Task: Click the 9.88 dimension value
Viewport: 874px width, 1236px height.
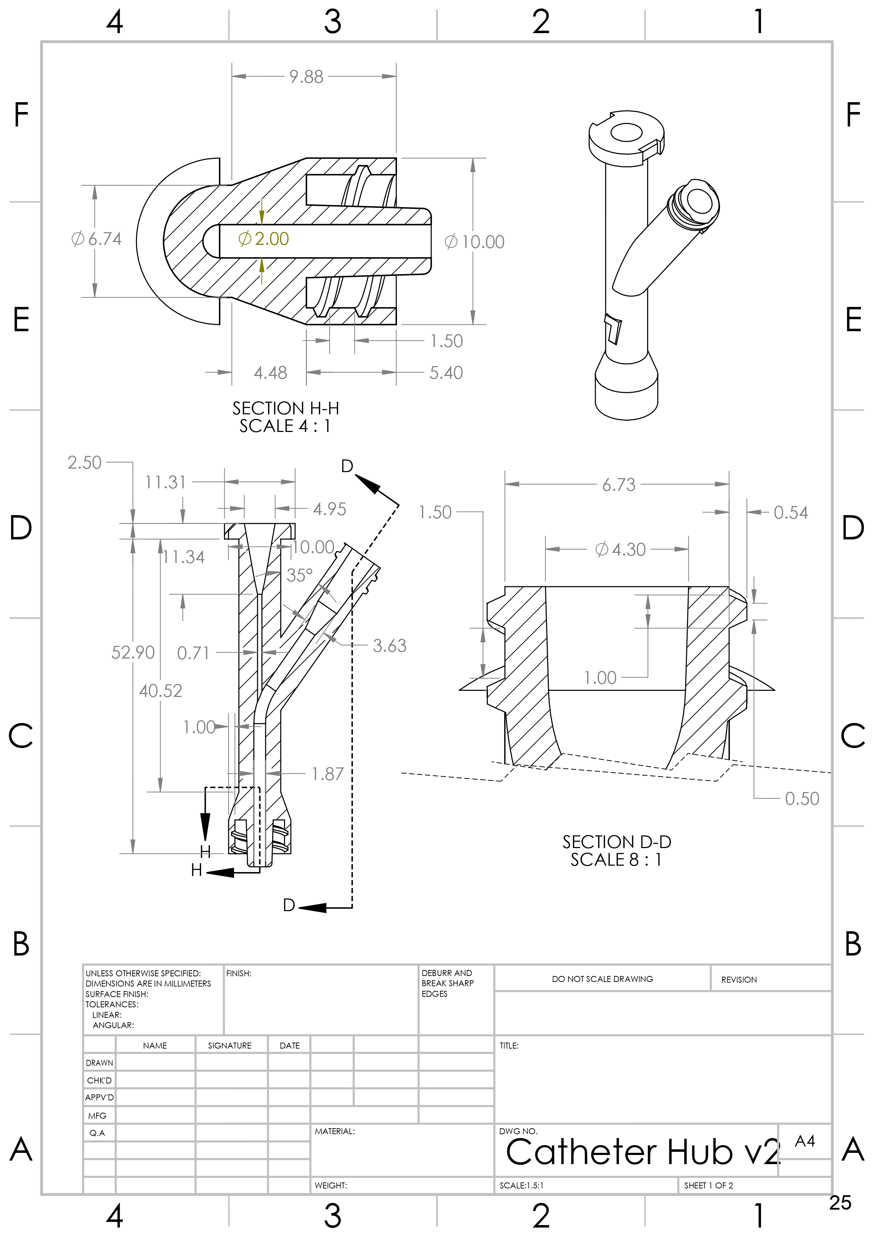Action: point(306,76)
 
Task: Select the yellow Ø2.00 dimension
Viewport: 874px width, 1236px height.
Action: point(264,239)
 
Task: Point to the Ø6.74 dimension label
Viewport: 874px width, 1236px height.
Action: point(97,239)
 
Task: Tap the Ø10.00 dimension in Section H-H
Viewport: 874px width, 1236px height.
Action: point(474,242)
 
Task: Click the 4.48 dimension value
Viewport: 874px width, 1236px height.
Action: point(270,372)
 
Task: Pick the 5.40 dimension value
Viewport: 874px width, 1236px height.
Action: point(446,372)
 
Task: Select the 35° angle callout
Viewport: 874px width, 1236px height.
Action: point(299,575)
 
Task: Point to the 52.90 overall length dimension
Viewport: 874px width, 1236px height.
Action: point(132,653)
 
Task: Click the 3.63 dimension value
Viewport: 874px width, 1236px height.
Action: point(389,645)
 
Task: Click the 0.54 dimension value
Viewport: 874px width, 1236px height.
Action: point(790,513)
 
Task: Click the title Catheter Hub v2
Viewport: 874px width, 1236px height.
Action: point(642,1152)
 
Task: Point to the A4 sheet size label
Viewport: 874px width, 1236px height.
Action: point(805,1141)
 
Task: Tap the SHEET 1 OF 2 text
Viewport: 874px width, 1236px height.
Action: point(708,1185)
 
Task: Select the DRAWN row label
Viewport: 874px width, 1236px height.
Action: point(100,1063)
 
